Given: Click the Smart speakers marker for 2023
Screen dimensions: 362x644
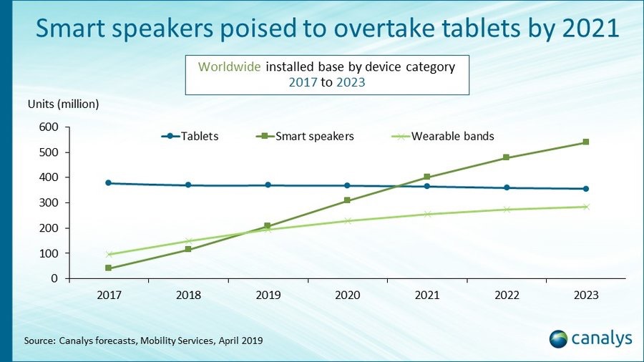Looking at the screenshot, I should click(585, 142).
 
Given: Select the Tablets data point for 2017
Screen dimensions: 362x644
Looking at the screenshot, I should click(108, 183).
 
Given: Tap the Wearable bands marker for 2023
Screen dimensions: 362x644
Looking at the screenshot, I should click(585, 207).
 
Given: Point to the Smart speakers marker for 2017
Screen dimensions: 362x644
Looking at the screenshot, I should click(108, 268).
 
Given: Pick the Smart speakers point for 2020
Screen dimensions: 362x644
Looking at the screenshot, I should click(347, 200).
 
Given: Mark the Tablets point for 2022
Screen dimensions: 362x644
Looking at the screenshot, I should click(506, 187).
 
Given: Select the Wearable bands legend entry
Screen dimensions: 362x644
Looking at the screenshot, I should click(452, 136).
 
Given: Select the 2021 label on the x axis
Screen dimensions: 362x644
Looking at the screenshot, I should click(426, 295).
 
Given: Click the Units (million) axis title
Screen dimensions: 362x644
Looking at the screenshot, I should click(63, 104).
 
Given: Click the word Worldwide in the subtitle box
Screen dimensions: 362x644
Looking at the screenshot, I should click(230, 67).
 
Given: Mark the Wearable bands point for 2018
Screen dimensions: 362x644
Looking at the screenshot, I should click(188, 241).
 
